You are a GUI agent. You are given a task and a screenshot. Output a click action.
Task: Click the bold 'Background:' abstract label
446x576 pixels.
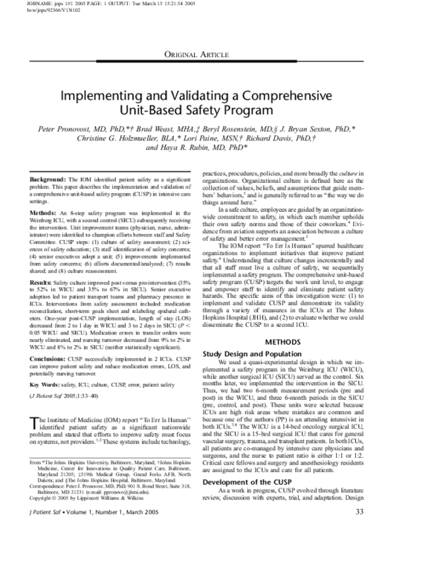tap(48, 181)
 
